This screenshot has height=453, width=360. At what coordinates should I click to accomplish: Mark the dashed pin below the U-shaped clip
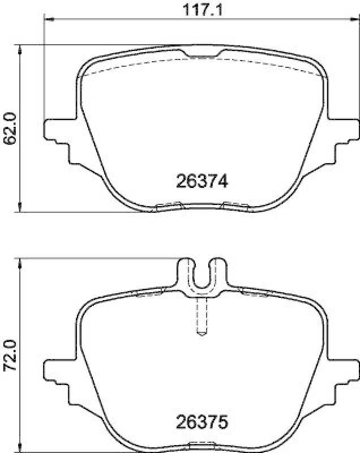[x=202, y=317]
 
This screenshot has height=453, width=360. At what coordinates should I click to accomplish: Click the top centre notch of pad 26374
[x=202, y=55]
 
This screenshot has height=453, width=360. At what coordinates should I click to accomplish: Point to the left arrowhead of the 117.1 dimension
[x=49, y=20]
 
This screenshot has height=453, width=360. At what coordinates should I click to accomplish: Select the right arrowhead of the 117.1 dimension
[x=354, y=20]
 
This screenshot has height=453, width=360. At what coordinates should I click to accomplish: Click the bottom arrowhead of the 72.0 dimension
[x=20, y=447]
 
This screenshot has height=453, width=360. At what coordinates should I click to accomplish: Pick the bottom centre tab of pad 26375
[x=202, y=444]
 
